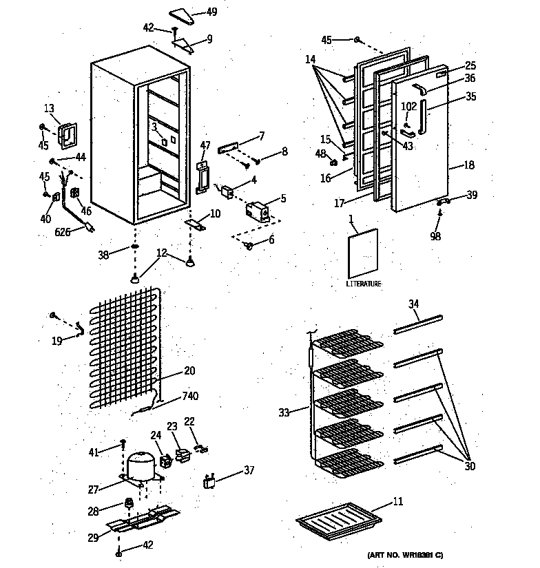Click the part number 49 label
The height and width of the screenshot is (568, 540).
pyautogui.click(x=211, y=12)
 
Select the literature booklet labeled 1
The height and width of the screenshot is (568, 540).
pyautogui.click(x=363, y=253)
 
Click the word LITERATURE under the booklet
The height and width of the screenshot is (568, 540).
pyautogui.click(x=364, y=284)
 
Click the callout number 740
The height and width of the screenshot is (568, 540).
pyautogui.click(x=190, y=397)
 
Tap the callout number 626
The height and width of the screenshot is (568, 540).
pyautogui.click(x=63, y=233)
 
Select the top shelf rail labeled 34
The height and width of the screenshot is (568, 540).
pyautogui.click(x=417, y=324)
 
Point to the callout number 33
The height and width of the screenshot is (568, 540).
pyautogui.click(x=284, y=412)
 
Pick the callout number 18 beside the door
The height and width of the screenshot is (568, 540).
pyautogui.click(x=469, y=165)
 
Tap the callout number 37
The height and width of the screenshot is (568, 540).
pyautogui.click(x=249, y=471)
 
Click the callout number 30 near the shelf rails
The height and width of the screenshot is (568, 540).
pyautogui.click(x=470, y=466)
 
